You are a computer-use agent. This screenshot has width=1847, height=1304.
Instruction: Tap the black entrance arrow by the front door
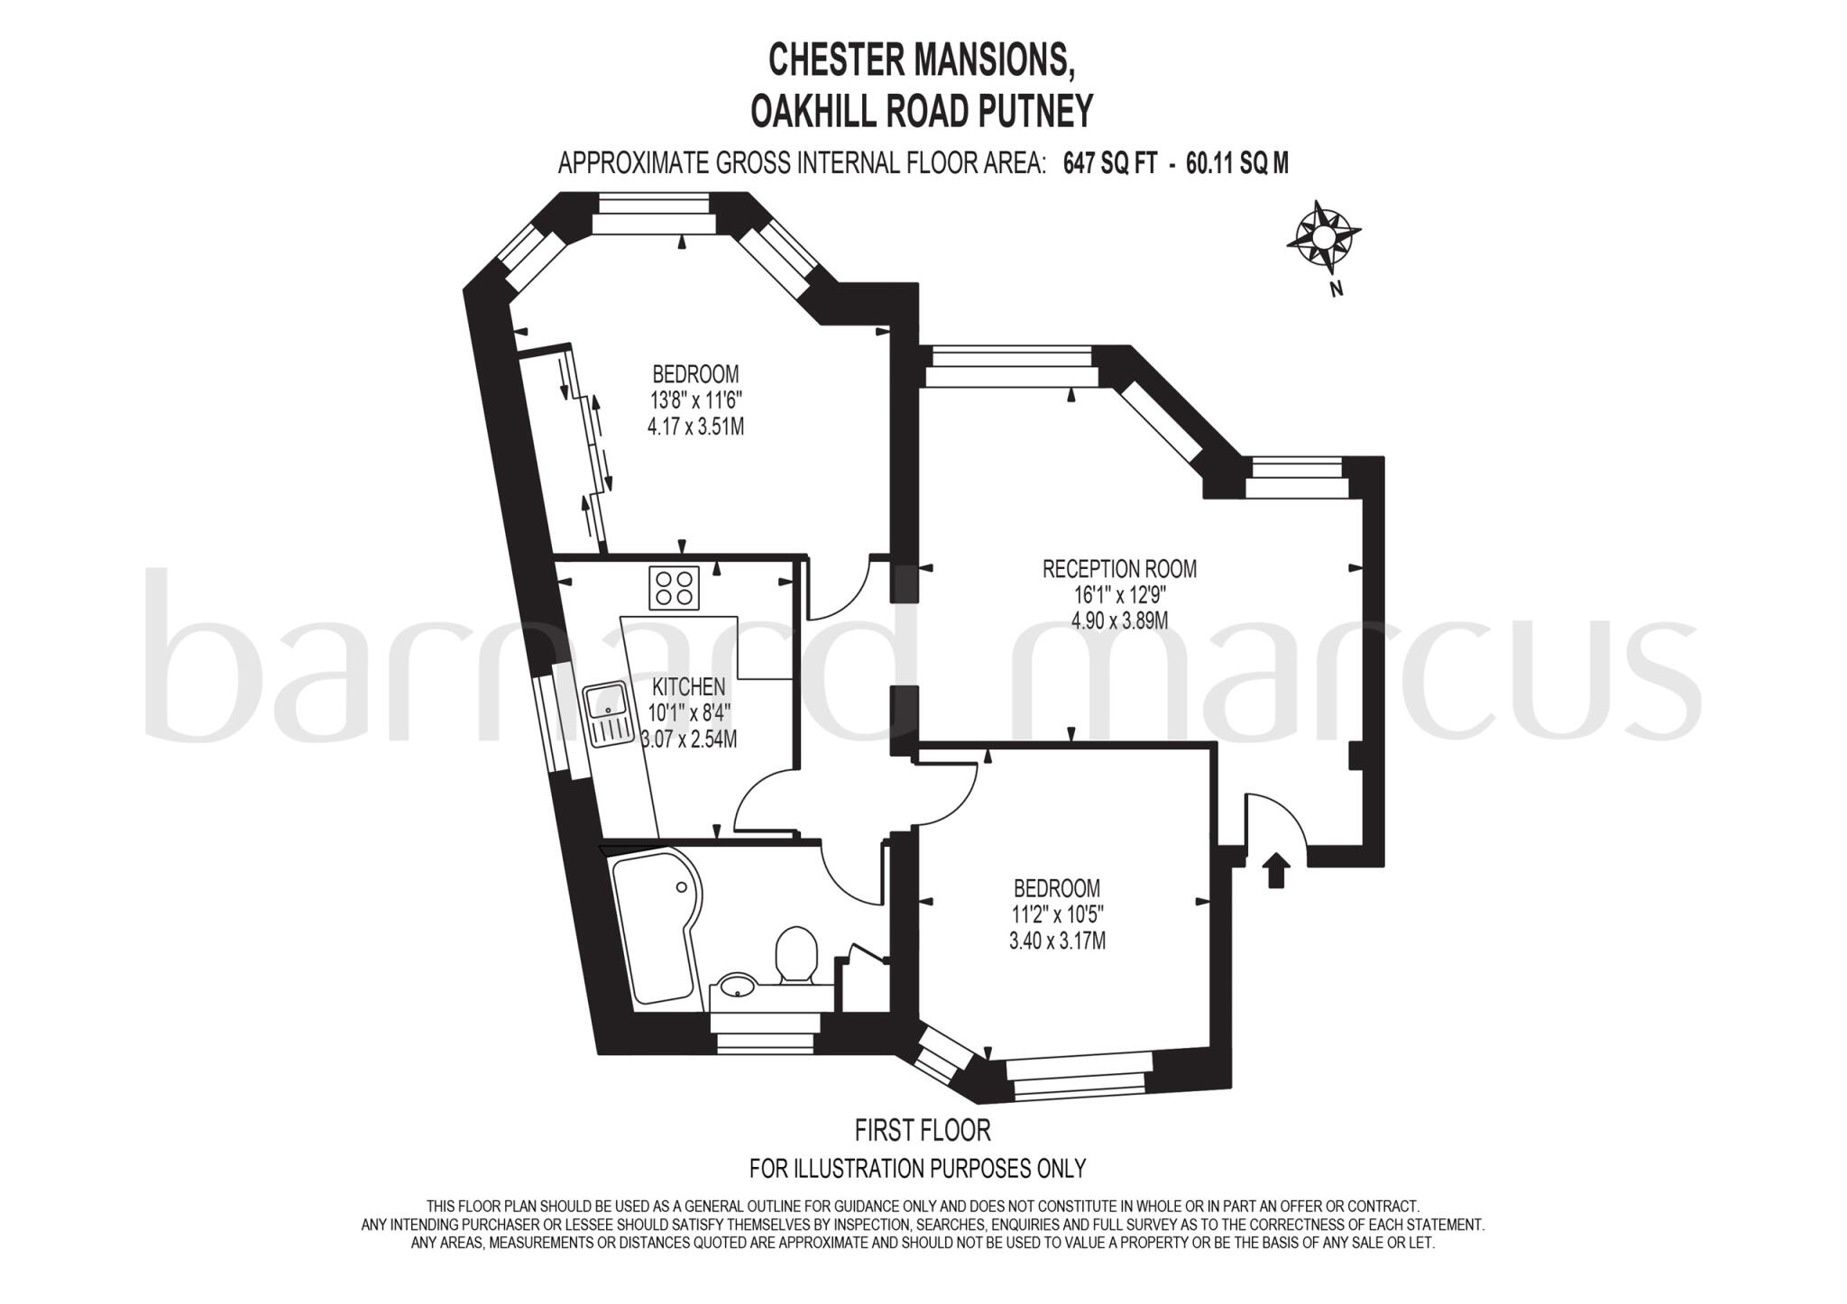pos(1276,870)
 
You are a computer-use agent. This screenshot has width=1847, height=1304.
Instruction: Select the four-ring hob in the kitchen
pos(674,587)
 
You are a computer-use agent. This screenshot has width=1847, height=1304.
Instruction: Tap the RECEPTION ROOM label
pos(1119,569)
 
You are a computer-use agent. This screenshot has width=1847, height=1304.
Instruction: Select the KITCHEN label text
pos(688,687)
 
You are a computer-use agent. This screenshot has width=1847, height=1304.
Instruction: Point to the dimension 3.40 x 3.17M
pos(1057,941)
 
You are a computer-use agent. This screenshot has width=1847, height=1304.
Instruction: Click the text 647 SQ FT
pos(1109,163)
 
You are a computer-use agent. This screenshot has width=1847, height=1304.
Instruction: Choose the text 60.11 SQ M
pos(1237,163)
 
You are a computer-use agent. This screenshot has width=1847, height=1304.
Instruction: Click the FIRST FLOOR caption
pos(922,1130)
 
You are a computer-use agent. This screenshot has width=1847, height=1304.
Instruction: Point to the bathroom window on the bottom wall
pos(766,1042)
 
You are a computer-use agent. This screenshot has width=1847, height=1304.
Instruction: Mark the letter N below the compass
pos(1337,289)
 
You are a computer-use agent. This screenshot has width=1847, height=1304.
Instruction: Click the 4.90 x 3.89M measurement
pos(1119,620)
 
